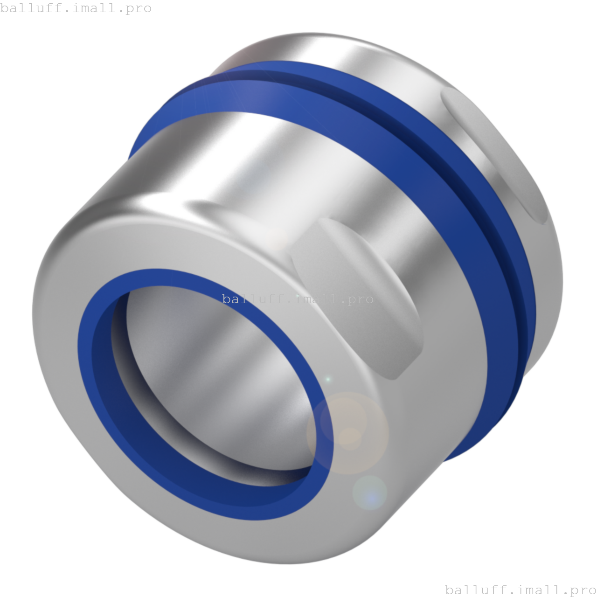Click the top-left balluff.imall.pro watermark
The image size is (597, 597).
click(76, 8)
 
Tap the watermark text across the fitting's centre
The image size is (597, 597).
click(298, 299)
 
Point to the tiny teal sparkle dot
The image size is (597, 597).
click(328, 379)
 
